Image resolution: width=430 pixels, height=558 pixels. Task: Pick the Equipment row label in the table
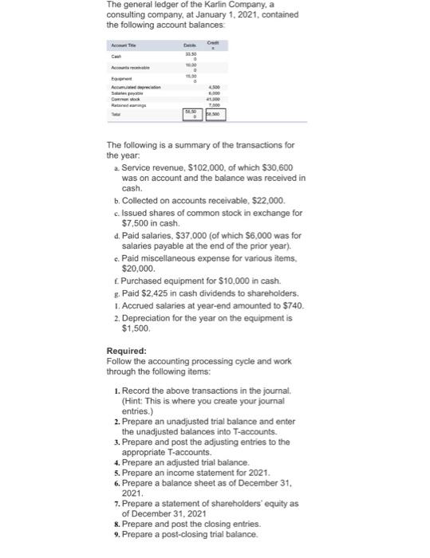pos(119,82)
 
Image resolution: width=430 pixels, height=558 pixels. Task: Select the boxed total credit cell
pos(215,115)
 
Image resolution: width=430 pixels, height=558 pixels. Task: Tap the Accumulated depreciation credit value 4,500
pos(213,88)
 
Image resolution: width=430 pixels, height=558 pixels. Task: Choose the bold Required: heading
pos(126,350)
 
